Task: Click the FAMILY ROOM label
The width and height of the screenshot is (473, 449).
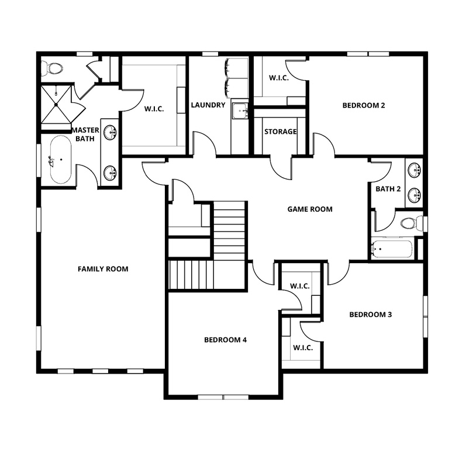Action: coord(103,269)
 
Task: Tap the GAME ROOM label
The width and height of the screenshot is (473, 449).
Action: coord(309,209)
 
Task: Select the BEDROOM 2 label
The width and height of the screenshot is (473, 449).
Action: coord(363,105)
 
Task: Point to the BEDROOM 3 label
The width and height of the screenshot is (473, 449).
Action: coord(370,315)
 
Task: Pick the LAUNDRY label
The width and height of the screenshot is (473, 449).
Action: coord(208,105)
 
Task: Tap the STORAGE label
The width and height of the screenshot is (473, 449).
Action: coord(280,132)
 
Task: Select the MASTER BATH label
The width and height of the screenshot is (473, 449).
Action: coord(85,134)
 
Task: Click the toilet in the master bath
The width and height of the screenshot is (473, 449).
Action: coord(54,68)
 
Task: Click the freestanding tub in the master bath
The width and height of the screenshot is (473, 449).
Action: coord(60,160)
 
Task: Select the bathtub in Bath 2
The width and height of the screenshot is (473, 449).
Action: coord(392,249)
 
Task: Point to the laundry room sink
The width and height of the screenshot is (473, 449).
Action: coord(240,110)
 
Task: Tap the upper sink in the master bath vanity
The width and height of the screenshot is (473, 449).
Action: coord(110,133)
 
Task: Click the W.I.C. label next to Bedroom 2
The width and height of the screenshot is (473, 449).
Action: coord(279,78)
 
